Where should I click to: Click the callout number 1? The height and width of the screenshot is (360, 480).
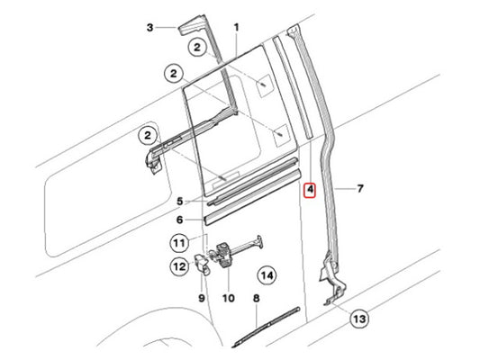pyautogui.click(x=236, y=28)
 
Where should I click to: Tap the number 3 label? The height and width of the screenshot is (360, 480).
pyautogui.click(x=149, y=28)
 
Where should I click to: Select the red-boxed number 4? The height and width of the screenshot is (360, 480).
pyautogui.click(x=310, y=190)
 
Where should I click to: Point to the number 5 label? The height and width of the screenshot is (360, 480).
pyautogui.click(x=180, y=202)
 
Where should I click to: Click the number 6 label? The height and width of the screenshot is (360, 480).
pyautogui.click(x=180, y=220)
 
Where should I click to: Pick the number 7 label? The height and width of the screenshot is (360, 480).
pyautogui.click(x=360, y=188)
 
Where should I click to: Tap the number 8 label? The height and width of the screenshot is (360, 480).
pyautogui.click(x=257, y=298)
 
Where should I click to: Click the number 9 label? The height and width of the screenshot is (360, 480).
pyautogui.click(x=202, y=298)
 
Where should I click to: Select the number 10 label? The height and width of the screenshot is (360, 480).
pyautogui.click(x=229, y=298)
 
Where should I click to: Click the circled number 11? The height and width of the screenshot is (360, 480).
pyautogui.click(x=179, y=243)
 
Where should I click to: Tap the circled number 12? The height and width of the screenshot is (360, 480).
pyautogui.click(x=179, y=266)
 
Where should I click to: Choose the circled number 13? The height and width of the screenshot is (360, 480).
pyautogui.click(x=359, y=319)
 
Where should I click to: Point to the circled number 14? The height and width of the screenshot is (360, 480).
pyautogui.click(x=267, y=275)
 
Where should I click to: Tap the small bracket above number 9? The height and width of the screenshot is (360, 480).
pyautogui.click(x=202, y=265)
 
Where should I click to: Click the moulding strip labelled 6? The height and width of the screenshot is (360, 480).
pyautogui.click(x=252, y=197)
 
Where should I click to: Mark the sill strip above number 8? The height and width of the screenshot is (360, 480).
pyautogui.click(x=266, y=326)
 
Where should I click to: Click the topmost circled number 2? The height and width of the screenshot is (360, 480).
pyautogui.click(x=197, y=47)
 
